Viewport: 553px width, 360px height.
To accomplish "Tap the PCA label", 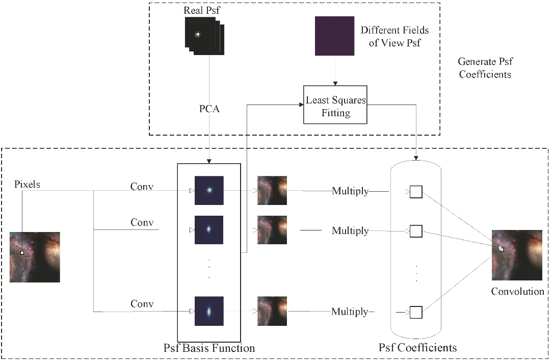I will pyautogui.click(x=209, y=109).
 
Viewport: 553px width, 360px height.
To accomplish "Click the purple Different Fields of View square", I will pyautogui.click(x=334, y=36).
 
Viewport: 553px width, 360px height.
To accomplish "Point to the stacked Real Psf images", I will pyautogui.click(x=203, y=35).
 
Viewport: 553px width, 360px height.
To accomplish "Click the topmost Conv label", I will pyautogui.click(x=142, y=186).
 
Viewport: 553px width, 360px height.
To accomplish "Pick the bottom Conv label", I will pyautogui.click(x=142, y=304).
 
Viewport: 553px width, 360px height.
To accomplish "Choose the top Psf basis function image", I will pyautogui.click(x=209, y=190).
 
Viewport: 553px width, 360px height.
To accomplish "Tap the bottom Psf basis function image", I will pyautogui.click(x=209, y=311).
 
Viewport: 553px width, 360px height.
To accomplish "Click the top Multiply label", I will pyautogui.click(x=350, y=191).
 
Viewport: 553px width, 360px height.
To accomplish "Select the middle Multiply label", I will pyautogui.click(x=350, y=230).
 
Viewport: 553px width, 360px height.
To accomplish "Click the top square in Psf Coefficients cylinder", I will pyautogui.click(x=416, y=192).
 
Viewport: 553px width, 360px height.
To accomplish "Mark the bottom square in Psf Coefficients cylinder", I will pyautogui.click(x=416, y=312).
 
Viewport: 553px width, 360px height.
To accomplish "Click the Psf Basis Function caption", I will pyautogui.click(x=209, y=349).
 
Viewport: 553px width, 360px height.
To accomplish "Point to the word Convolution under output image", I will pyautogui.click(x=517, y=292).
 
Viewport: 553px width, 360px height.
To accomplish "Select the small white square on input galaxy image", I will pyautogui.click(x=22, y=252).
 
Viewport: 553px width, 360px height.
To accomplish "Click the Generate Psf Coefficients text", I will pyautogui.click(x=485, y=68).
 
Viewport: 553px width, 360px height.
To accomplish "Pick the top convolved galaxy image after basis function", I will pyautogui.click(x=272, y=190).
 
